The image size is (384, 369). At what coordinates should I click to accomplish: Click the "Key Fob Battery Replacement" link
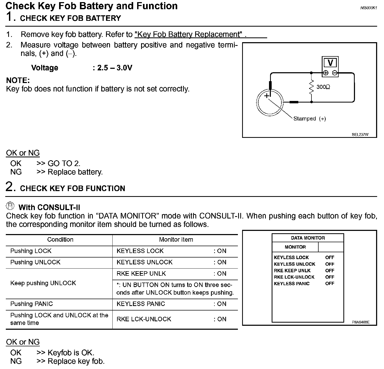click(x=188, y=35)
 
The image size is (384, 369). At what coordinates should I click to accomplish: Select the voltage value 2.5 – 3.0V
click(x=114, y=68)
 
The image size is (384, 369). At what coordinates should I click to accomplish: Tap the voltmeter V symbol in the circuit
click(x=330, y=63)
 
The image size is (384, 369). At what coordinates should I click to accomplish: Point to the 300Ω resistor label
click(x=323, y=87)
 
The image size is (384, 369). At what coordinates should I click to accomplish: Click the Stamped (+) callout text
click(x=310, y=119)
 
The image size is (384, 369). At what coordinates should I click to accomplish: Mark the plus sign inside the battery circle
click(x=267, y=96)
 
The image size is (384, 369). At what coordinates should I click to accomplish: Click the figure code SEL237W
click(x=360, y=134)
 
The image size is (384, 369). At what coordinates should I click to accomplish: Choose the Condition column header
click(x=60, y=240)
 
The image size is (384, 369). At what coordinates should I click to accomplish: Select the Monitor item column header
click(x=176, y=240)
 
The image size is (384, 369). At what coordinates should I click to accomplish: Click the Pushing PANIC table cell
click(x=32, y=304)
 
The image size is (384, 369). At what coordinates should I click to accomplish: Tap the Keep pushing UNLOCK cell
click(x=43, y=283)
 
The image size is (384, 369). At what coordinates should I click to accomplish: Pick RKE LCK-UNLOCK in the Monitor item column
click(x=144, y=319)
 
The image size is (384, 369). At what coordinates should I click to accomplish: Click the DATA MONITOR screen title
click(x=308, y=238)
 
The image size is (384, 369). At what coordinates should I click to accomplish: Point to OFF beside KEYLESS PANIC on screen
click(x=330, y=284)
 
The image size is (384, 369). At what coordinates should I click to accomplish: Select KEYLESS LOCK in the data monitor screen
click(x=291, y=258)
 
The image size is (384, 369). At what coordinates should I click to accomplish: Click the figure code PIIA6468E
click(x=361, y=322)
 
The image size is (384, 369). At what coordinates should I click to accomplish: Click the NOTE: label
click(x=18, y=80)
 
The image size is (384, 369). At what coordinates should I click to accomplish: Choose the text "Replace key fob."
click(x=76, y=361)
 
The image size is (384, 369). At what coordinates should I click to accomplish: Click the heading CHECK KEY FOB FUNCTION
click(x=73, y=188)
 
